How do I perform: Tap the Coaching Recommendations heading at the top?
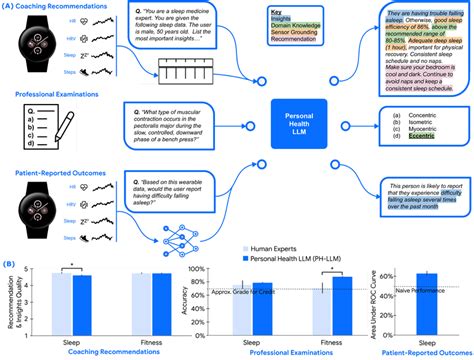(x=61, y=6)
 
